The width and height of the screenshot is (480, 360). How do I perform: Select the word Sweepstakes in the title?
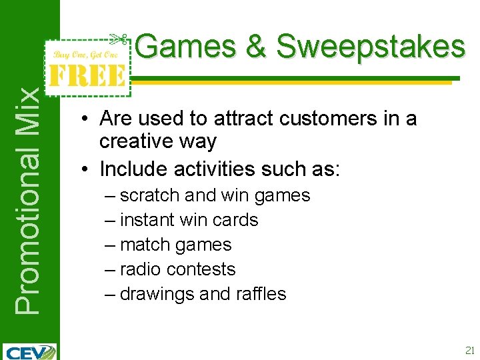coord(371,47)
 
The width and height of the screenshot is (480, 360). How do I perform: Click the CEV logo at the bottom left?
coord(30,351)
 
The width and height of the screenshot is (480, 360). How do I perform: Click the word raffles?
coord(261,294)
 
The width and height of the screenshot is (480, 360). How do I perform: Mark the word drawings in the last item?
coord(157,294)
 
